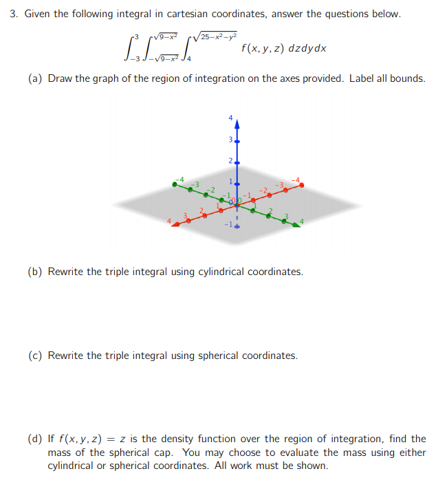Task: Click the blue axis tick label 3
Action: click(x=230, y=140)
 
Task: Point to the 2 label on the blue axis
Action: click(x=231, y=162)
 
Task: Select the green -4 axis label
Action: click(x=180, y=179)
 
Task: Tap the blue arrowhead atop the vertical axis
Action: click(x=237, y=126)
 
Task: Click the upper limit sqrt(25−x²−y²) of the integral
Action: click(x=216, y=35)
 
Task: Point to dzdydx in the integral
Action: click(x=307, y=49)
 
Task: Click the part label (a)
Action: click(x=35, y=78)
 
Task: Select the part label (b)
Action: click(x=35, y=272)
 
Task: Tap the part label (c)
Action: click(x=35, y=356)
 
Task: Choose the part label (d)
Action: click(x=35, y=438)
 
